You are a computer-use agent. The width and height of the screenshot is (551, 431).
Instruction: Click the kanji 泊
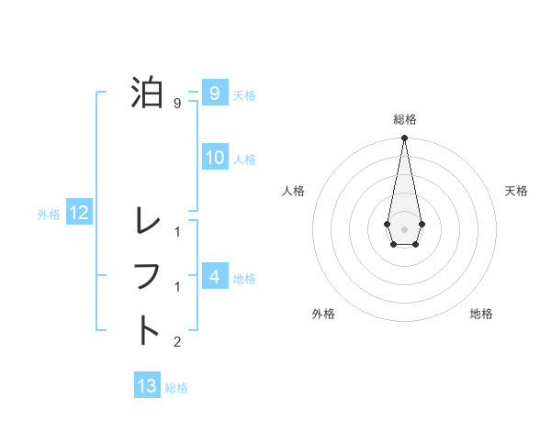click(x=147, y=93)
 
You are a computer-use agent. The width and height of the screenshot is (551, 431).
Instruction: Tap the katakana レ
click(x=147, y=221)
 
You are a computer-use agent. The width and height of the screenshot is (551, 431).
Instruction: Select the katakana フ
click(x=147, y=276)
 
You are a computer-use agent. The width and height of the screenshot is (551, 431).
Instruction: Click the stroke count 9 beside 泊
click(x=176, y=103)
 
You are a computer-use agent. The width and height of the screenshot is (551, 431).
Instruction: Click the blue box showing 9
click(x=214, y=93)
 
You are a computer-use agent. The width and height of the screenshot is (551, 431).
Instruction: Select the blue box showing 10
click(x=214, y=158)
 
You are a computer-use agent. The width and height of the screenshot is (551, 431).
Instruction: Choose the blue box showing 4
click(x=214, y=275)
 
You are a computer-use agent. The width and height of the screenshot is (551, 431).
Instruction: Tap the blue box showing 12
click(x=79, y=213)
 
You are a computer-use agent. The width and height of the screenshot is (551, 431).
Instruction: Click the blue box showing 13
click(x=147, y=386)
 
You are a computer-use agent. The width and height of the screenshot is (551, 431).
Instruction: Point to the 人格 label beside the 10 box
click(x=244, y=160)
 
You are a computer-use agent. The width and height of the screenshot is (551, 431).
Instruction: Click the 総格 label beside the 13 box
click(x=176, y=388)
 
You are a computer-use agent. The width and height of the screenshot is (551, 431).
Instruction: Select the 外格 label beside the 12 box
click(x=49, y=215)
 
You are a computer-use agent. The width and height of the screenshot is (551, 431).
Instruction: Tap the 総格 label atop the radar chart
click(x=404, y=119)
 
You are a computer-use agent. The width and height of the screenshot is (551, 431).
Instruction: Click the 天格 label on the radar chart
click(x=517, y=191)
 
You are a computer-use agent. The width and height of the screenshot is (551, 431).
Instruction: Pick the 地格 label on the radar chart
click(x=481, y=314)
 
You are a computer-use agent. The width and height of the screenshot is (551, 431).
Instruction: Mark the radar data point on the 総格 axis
click(x=404, y=138)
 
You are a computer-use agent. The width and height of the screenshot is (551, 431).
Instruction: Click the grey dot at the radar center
click(x=404, y=228)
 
